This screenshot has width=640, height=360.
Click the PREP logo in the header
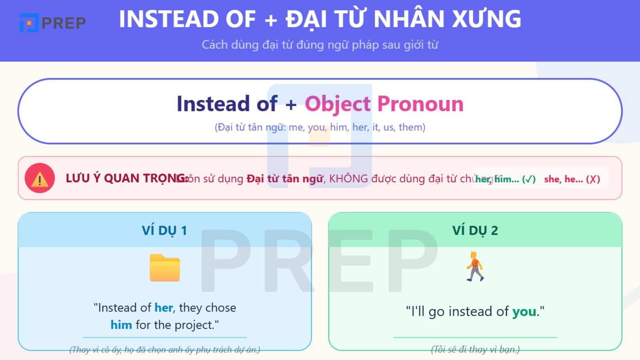coord(52,23)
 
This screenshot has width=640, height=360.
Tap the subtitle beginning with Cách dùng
coord(320,45)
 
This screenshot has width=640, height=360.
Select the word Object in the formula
coord(338,104)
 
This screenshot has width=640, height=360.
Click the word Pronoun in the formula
coord(420,104)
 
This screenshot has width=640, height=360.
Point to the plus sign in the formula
coord(291,105)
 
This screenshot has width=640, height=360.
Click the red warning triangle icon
coord(40,178)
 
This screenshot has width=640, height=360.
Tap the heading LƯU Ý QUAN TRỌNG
coord(126,178)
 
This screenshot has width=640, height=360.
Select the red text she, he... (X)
coord(572,179)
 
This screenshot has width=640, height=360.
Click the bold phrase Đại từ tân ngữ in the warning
coord(284,179)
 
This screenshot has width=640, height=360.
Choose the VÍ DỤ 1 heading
coord(164,231)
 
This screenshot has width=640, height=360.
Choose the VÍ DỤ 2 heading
coord(475,231)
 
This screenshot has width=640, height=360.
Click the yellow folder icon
coord(164,268)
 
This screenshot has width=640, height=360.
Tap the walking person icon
coord(475,266)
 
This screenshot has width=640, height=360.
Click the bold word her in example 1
coord(164,308)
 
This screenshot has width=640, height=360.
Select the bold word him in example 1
coord(121,325)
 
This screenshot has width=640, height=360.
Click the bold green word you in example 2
coord(524,312)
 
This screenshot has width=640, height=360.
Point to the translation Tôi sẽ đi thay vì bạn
coord(475,350)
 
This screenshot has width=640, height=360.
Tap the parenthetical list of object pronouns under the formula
coord(320,127)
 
